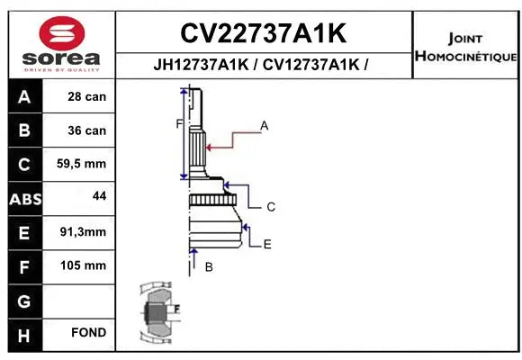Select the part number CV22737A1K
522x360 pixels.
263,34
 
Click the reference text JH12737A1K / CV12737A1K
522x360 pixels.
263,65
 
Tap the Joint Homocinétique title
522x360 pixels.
464,48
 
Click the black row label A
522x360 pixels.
24,96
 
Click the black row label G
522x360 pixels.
24,301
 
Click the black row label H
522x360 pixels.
24,334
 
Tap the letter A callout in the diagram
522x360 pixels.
265,126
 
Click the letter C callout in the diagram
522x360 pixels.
270,207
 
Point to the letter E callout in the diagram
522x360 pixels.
267,244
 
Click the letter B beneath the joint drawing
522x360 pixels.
209,267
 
